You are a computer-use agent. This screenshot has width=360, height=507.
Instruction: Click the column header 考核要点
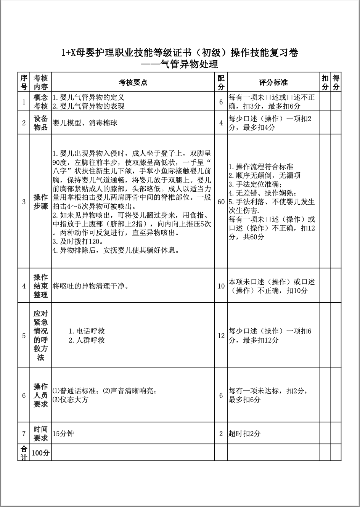click(133, 82)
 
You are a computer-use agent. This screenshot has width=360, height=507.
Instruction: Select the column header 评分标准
click(273, 82)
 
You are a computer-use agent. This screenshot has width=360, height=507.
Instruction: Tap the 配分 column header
click(221, 82)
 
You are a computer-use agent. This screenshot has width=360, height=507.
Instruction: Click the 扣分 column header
click(325, 82)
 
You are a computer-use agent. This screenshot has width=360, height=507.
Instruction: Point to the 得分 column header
click(336, 82)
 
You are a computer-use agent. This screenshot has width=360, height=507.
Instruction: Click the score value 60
click(221, 202)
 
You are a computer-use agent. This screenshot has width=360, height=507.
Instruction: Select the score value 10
click(221, 286)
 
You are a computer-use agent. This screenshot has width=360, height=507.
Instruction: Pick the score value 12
click(221, 335)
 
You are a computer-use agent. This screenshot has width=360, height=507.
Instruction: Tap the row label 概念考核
click(40, 101)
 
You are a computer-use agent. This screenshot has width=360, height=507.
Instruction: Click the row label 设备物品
click(40, 123)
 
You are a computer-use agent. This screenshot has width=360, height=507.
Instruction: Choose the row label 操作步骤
click(40, 202)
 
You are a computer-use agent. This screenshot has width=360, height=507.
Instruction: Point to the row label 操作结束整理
click(40, 286)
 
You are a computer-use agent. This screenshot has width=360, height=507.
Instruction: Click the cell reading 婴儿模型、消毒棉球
click(85, 123)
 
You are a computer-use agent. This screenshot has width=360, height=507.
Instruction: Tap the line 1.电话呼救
click(87, 331)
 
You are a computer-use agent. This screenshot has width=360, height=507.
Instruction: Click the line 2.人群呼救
click(87, 340)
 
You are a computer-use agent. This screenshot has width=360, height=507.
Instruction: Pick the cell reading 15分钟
click(63, 433)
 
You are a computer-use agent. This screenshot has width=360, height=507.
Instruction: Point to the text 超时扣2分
click(244, 433)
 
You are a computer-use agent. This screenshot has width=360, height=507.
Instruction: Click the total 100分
click(40, 453)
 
